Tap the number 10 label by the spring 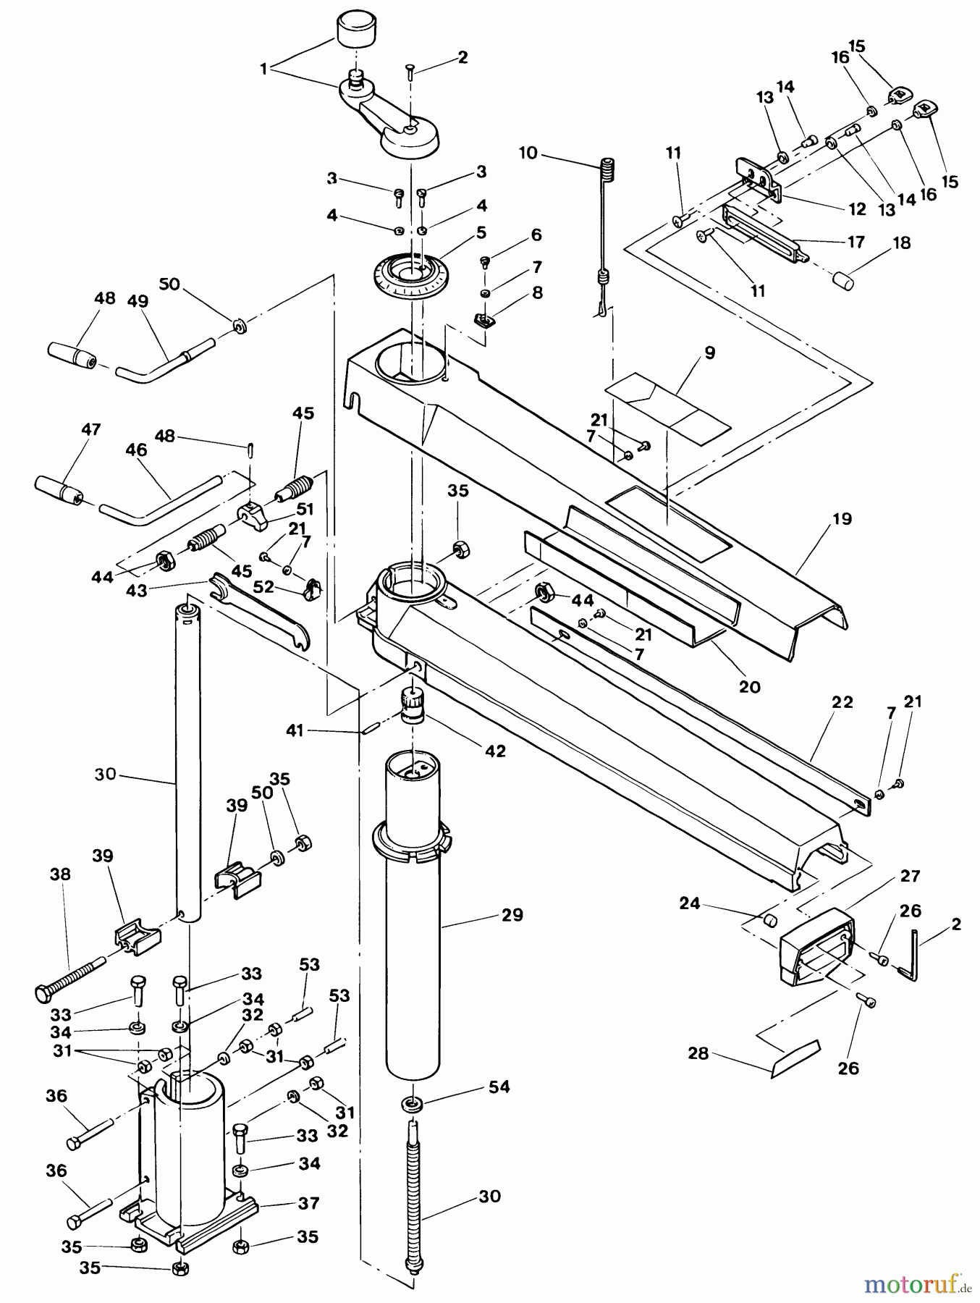[x=528, y=153]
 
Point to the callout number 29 [x=512, y=915]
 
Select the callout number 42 [x=495, y=751]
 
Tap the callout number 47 [x=91, y=429]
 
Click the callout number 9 [x=709, y=353]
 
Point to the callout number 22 [x=842, y=701]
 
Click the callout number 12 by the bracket [x=857, y=209]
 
